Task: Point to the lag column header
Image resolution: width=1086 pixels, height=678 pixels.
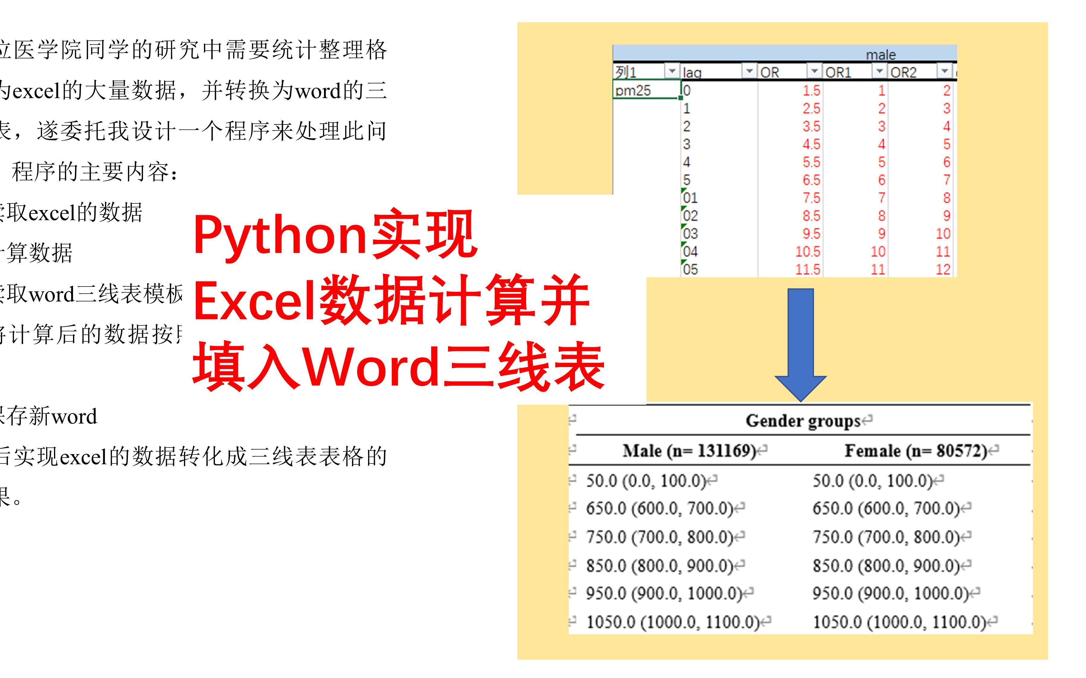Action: (692, 72)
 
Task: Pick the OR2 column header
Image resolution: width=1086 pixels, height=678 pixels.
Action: (903, 72)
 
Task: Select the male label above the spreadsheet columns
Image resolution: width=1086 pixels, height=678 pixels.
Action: (881, 55)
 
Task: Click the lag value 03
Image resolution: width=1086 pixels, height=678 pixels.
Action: (690, 233)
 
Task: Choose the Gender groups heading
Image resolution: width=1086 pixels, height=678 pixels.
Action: (803, 421)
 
